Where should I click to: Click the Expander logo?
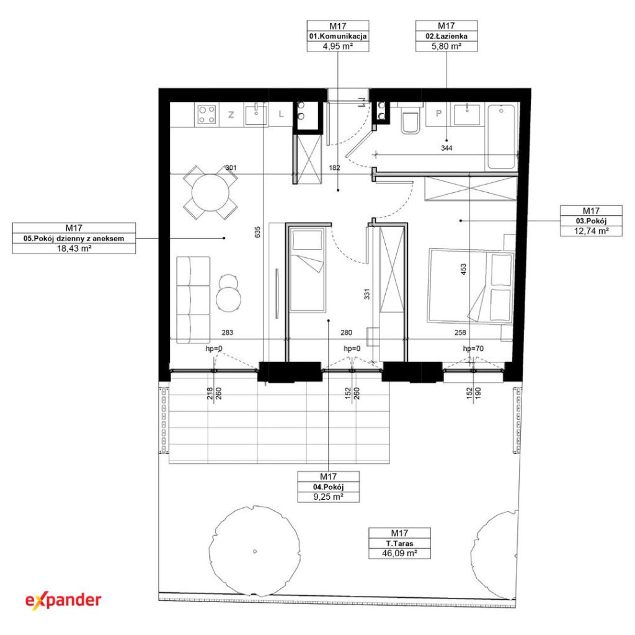click(63, 600)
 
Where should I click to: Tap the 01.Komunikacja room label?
click(338, 36)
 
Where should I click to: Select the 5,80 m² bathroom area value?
click(446, 46)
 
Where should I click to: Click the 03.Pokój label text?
click(591, 221)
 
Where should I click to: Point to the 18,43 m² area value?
click(74, 248)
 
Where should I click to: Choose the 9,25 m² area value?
click(329, 497)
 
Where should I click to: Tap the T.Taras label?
click(399, 543)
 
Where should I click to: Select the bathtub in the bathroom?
click(502, 136)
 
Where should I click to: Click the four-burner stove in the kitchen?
click(206, 115)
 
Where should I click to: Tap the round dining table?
click(210, 193)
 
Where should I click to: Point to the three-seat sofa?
click(193, 300)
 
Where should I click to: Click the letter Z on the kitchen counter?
click(231, 115)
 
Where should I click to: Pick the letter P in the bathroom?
click(438, 113)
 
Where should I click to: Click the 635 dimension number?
click(258, 232)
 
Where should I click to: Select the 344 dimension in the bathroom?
click(446, 148)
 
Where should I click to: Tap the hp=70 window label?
click(473, 349)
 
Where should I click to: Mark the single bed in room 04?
click(308, 269)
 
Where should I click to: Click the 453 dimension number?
click(463, 269)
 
